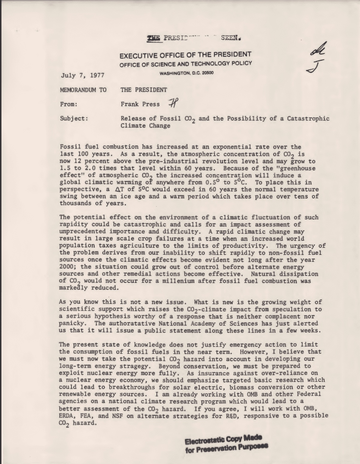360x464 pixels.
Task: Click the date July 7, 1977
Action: click(82, 75)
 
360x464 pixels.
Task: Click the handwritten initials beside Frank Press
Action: click(173, 104)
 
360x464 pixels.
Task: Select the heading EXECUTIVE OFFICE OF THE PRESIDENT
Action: click(185, 55)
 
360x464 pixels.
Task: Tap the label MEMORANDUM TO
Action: click(83, 90)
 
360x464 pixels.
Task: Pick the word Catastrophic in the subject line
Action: click(308, 119)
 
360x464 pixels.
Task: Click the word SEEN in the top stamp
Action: click(230, 38)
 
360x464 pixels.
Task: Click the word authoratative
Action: click(132, 324)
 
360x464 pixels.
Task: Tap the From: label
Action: click(69, 104)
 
